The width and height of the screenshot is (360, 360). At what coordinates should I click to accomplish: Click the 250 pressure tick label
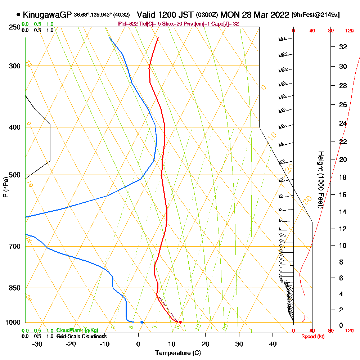[14, 27]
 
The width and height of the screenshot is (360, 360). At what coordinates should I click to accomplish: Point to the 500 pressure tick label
[14, 175]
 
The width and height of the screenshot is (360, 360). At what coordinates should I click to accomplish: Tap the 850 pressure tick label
[14, 288]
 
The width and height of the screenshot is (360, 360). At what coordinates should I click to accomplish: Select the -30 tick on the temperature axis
[37, 344]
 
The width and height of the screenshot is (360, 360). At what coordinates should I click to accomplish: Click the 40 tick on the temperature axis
[273, 344]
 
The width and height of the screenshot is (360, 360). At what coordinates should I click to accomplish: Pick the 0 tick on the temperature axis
[138, 344]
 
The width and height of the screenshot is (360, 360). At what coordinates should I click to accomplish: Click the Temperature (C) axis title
[178, 353]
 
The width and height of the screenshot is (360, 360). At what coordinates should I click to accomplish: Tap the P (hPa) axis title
[5, 187]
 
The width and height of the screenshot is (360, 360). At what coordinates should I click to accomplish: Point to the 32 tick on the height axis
[343, 47]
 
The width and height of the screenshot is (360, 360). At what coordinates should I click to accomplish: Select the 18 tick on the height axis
[343, 177]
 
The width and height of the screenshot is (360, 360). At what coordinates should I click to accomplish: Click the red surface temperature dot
[180, 322]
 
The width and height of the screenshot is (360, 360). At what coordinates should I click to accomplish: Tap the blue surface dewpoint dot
[142, 322]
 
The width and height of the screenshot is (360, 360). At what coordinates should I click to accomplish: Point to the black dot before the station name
[18, 15]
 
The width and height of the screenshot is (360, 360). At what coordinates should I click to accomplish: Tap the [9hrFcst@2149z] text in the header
[315, 15]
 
